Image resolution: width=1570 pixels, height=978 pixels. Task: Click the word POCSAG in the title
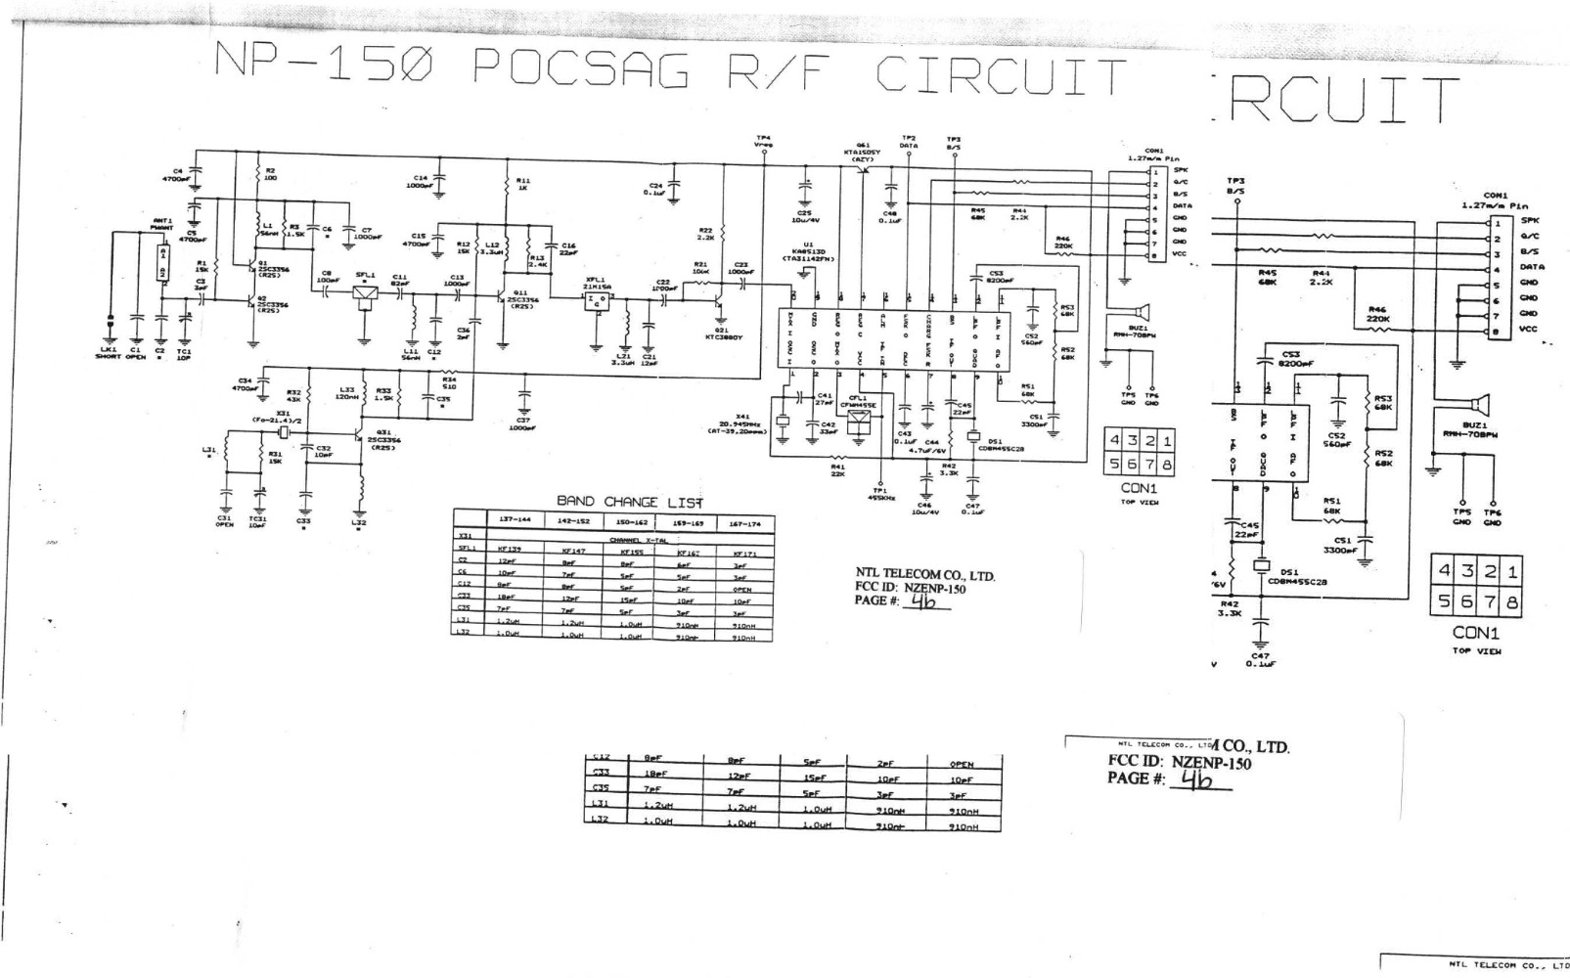coord(581,70)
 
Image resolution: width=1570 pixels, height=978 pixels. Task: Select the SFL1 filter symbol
coord(367,292)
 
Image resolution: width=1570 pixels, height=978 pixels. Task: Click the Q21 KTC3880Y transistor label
coord(728,333)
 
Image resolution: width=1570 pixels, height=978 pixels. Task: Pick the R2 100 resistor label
coord(270,174)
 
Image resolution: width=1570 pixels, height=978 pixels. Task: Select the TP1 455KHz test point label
coord(879,495)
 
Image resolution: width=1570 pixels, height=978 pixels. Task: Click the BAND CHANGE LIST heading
coord(630,502)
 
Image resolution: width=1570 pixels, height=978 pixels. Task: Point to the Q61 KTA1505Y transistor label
coord(862,152)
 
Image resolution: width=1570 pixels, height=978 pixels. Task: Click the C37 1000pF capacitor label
coord(523,423)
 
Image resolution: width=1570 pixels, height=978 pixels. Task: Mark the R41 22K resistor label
coord(837,470)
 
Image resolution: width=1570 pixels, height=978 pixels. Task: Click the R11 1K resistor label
coord(523,183)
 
